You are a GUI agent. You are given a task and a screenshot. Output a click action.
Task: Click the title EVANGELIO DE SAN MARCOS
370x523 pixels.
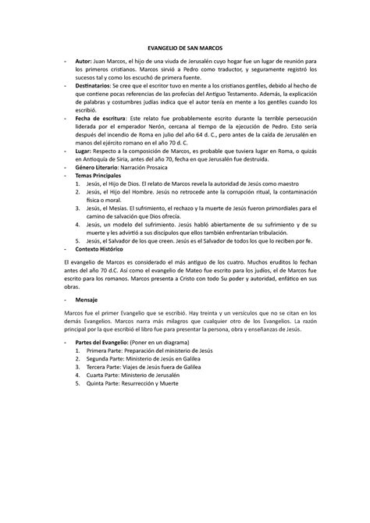(x=184, y=48)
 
